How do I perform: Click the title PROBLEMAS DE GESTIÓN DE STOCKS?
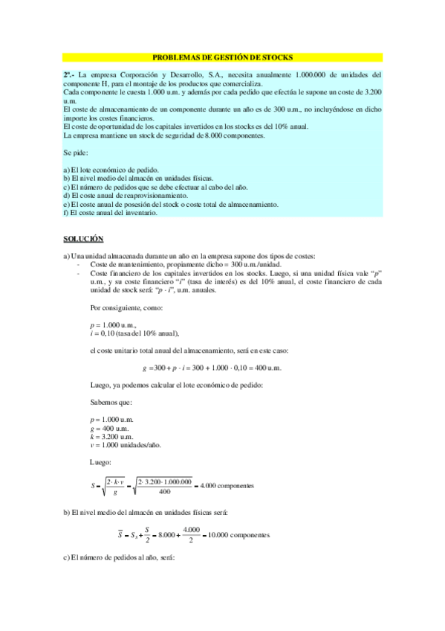(222, 57)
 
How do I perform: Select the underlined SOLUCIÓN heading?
(82, 238)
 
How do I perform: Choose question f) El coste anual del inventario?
(111, 213)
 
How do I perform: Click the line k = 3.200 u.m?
(110, 437)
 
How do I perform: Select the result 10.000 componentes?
(238, 535)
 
